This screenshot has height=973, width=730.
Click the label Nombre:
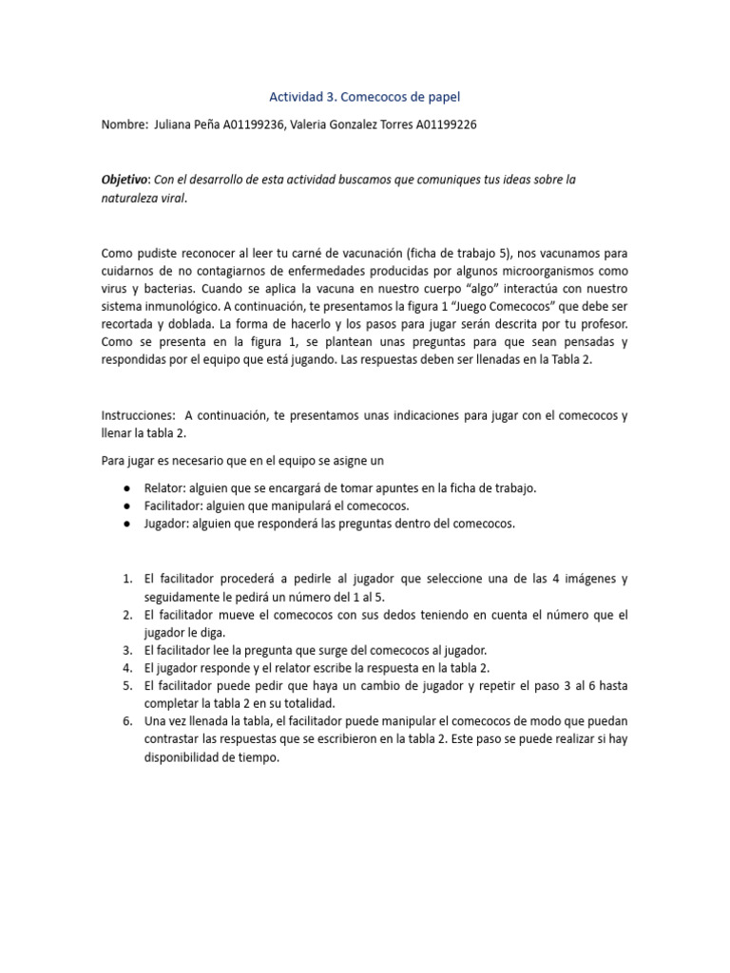123,124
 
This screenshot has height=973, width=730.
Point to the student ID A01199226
447,124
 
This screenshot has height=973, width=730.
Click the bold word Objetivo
125,180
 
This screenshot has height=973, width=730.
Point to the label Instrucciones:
138,415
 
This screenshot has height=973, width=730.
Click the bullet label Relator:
165,487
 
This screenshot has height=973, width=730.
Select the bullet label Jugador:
168,524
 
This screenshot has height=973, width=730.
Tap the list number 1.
126,579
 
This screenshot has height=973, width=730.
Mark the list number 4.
126,668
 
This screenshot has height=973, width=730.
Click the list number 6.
126,722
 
